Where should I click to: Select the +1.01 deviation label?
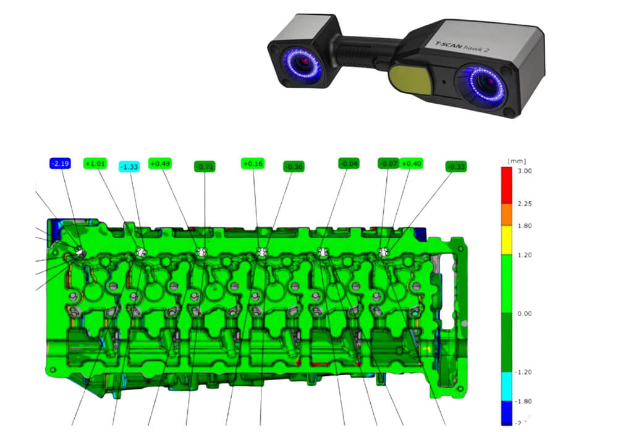96,164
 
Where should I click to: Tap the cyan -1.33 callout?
130,167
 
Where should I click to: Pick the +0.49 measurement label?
161,164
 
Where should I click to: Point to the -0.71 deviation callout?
205,167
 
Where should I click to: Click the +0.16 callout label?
252,164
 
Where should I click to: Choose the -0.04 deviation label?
349,164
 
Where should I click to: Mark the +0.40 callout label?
411,164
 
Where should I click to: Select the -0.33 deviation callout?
456,167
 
